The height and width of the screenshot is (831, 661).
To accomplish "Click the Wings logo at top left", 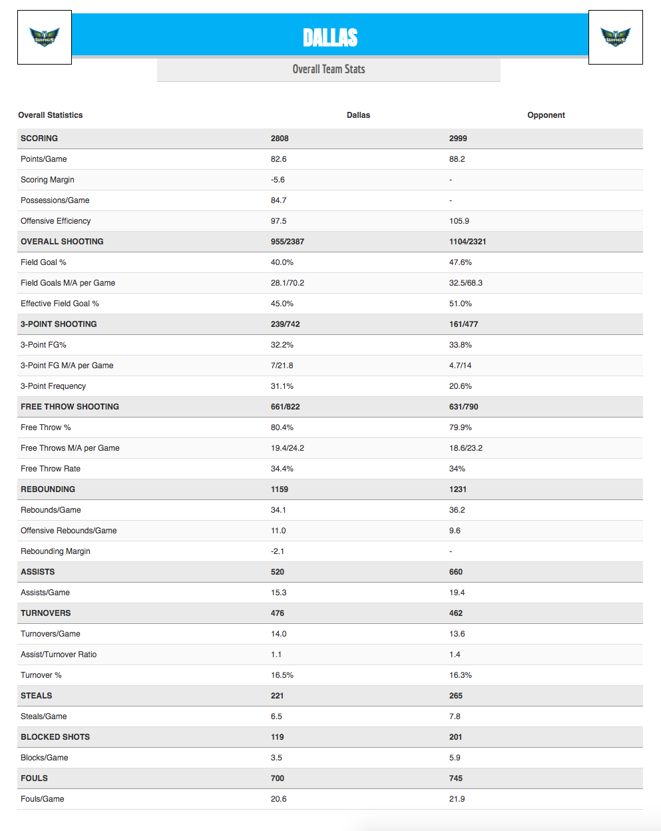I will coord(45,37).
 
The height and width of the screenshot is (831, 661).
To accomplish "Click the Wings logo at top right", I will coord(615,37).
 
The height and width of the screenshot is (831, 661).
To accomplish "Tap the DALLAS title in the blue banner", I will coord(330,37).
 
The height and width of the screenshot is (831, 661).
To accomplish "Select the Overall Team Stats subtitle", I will coord(329,69).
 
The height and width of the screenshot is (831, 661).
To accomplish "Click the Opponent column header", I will coord(546,115).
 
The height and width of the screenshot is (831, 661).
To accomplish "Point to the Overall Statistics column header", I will coord(51,115).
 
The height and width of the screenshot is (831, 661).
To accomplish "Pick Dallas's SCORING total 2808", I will coord(280,138).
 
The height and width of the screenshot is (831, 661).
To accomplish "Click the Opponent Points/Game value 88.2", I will coord(457,159).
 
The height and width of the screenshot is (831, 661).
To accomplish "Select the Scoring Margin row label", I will coord(47,180).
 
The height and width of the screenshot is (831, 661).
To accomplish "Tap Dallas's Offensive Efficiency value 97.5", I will coord(279,221).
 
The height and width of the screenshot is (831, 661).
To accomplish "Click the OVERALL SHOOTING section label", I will coord(62,242).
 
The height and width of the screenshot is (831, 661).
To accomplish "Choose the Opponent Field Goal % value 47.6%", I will coord(461,262).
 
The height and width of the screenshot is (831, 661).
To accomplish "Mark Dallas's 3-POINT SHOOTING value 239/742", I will coord(286,324).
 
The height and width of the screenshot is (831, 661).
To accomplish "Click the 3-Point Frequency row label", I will coord(53,386).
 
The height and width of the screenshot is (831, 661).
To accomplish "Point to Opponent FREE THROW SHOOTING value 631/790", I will coord(464,407).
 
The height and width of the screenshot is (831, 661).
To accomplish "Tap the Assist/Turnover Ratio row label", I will coord(59,655).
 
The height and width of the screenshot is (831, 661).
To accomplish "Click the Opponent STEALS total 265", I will coord(456,696).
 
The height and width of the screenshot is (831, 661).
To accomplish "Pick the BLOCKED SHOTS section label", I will coord(55,737).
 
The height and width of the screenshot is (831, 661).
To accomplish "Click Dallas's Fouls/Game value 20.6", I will coord(279,799).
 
